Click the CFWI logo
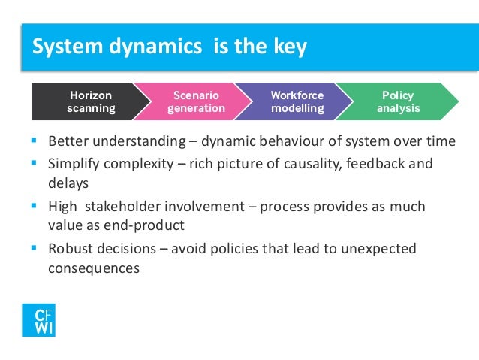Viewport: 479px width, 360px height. coord(38,319)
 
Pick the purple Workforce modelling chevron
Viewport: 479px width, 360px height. coord(297,102)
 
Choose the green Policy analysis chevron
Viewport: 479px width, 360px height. coord(397,102)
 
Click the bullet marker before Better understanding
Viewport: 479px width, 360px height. coord(35,141)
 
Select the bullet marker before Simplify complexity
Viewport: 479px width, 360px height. coord(35,163)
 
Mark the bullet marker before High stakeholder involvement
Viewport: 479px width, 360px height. coord(35,205)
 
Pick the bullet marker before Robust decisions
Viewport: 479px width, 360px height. coord(35,247)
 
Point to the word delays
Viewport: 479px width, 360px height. coord(68,183)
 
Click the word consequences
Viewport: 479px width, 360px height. coord(93,268)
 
